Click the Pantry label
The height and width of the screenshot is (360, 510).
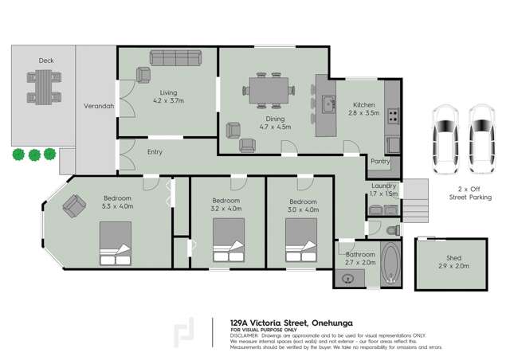tap(379, 161)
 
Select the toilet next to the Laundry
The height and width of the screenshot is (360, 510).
tap(391, 229)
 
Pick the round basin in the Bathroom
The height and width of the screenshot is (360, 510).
tap(347, 278)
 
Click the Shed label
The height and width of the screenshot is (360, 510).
tap(453, 258)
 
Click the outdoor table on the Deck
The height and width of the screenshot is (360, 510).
tap(45, 84)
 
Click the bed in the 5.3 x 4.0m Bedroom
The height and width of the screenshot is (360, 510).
tap(116, 243)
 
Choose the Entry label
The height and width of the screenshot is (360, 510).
tap(155, 152)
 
